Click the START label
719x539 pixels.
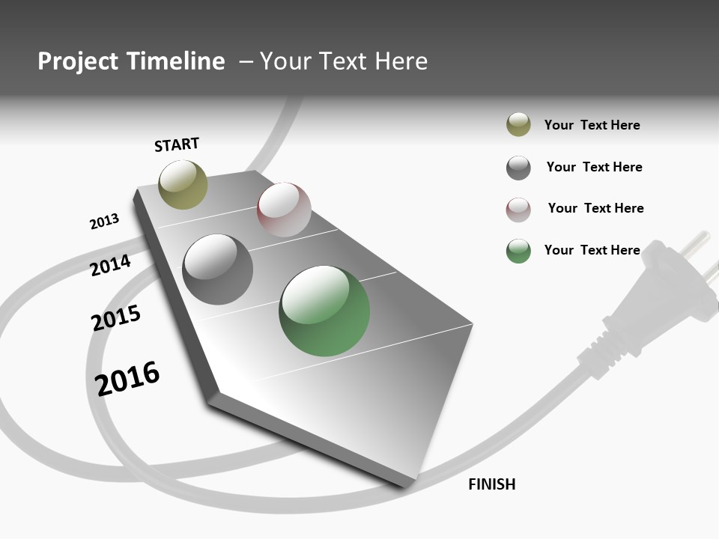point(177,144)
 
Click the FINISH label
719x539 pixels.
point(491,484)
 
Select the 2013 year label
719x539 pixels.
point(104,222)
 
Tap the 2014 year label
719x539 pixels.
point(110,265)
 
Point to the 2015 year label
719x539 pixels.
point(115,318)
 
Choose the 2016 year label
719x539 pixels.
point(127,378)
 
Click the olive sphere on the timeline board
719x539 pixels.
point(183,184)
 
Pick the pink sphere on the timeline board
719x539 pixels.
point(284,209)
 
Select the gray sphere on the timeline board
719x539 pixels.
point(218,269)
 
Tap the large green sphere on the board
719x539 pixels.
point(324,311)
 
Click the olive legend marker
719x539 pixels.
point(518,124)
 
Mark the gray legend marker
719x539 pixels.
point(518,168)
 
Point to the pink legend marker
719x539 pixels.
point(518,210)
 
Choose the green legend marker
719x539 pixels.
point(518,251)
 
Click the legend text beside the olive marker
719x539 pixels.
point(592,125)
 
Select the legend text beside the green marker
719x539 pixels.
point(592,250)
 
